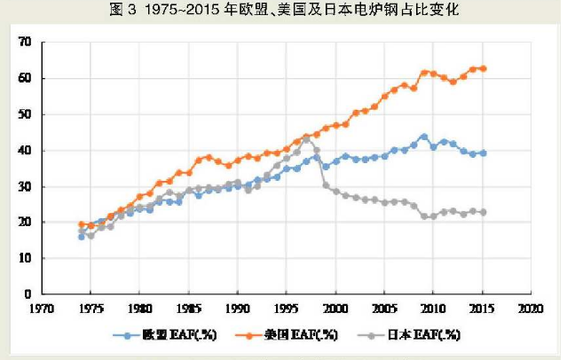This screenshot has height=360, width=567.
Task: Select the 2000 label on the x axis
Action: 335,309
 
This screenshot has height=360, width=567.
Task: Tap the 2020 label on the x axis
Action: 530,309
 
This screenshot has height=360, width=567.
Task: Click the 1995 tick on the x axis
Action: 286,309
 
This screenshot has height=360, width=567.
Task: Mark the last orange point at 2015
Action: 483,68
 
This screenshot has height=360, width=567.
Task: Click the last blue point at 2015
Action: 483,153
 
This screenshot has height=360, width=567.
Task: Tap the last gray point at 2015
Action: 483,212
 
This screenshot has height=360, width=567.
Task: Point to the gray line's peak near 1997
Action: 306,138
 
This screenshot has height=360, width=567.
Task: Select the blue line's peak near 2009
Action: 424,137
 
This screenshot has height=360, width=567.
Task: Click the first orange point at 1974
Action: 82,224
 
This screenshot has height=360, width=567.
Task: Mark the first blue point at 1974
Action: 82,237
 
